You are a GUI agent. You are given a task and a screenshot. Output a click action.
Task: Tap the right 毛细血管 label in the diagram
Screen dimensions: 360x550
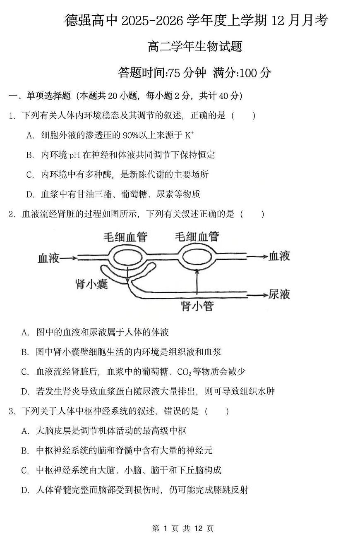(197, 237)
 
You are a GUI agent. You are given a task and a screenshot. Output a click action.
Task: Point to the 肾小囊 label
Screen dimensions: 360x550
(91, 284)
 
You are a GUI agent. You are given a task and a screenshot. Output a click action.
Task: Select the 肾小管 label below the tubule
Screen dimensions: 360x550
(197, 306)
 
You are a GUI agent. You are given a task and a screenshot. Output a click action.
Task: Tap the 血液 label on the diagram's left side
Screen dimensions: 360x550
(48, 258)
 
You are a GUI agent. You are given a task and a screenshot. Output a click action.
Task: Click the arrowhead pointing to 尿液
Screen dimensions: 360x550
(264, 294)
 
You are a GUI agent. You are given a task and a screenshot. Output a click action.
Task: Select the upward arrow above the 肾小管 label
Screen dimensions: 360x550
(197, 281)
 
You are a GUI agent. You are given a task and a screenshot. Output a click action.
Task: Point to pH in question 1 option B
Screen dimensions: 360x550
(74, 155)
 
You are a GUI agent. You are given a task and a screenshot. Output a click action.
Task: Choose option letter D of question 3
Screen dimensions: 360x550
(25, 490)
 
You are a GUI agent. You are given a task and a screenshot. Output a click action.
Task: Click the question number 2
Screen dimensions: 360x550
(12, 214)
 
